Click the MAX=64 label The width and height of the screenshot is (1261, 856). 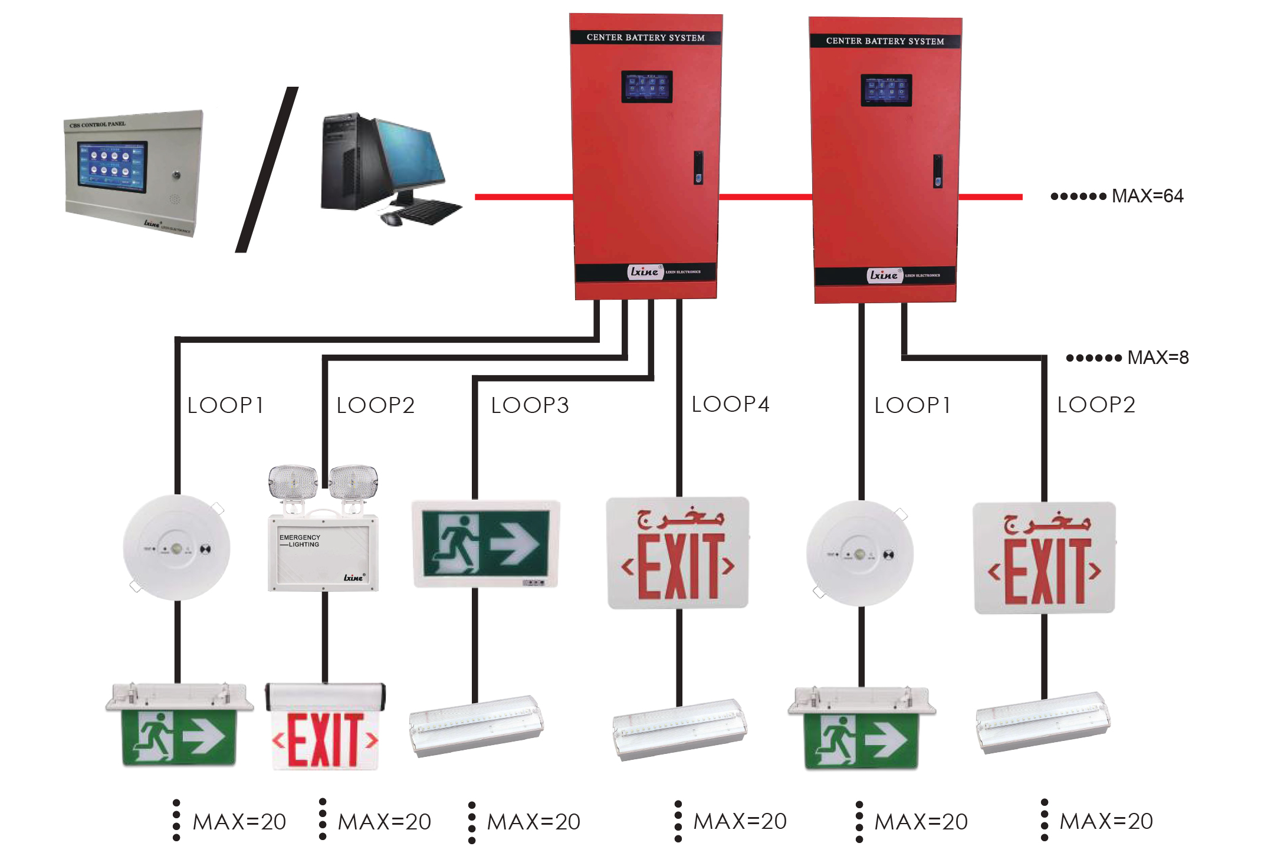pyautogui.click(x=1147, y=196)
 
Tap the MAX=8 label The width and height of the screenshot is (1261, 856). pyautogui.click(x=1157, y=358)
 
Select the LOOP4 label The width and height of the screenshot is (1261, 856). pyautogui.click(x=730, y=405)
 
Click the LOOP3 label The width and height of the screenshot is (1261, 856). pyautogui.click(x=530, y=406)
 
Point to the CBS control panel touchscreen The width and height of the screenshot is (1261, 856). pyautogui.click(x=112, y=166)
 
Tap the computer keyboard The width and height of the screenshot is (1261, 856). pyautogui.click(x=431, y=211)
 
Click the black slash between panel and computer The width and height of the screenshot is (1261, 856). pyautogui.click(x=267, y=170)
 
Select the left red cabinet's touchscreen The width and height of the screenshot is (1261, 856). pyautogui.click(x=646, y=87)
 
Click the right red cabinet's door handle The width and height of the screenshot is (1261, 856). pyautogui.click(x=938, y=171)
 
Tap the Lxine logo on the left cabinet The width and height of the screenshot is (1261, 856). pyautogui.click(x=644, y=272)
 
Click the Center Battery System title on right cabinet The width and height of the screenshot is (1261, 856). pyautogui.click(x=885, y=41)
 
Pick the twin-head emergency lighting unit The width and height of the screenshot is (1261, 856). pyautogui.click(x=323, y=528)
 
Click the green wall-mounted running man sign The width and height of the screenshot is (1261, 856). pyautogui.click(x=485, y=544)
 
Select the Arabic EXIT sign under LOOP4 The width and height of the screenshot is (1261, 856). pyautogui.click(x=678, y=553)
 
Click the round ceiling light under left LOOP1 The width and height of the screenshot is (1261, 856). pyautogui.click(x=176, y=548)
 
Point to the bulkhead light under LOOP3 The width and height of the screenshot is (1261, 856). pyautogui.click(x=475, y=726)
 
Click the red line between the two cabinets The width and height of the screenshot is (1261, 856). pyautogui.click(x=765, y=196)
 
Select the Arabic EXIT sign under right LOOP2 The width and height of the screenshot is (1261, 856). pyautogui.click(x=1044, y=558)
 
